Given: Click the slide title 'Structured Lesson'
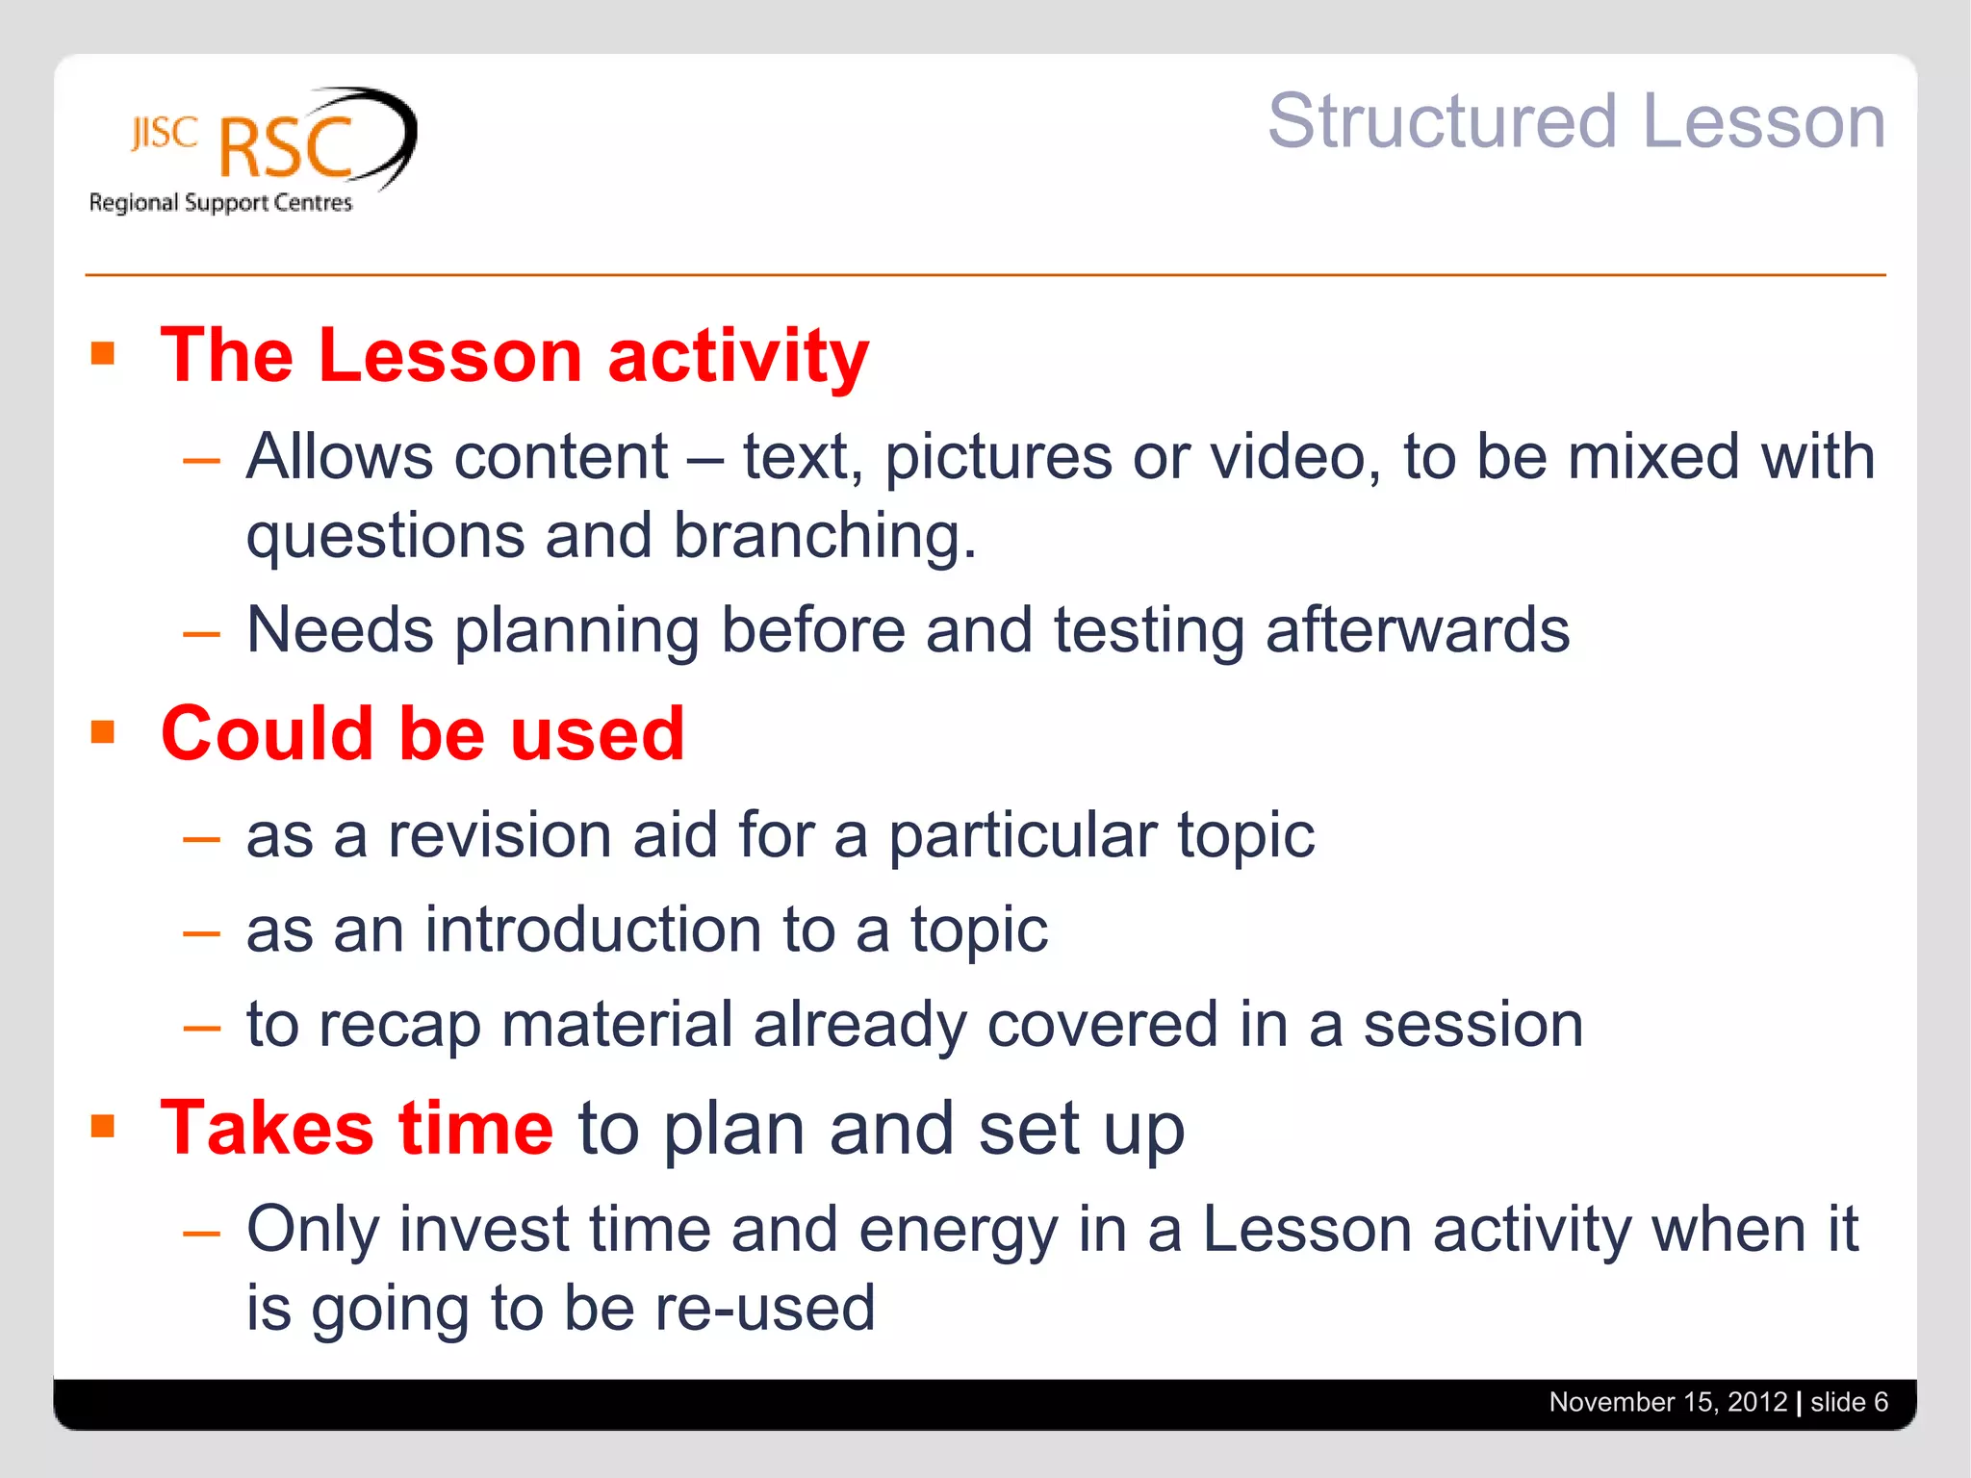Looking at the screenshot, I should click(1575, 122).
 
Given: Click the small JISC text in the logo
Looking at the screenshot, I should click(164, 133).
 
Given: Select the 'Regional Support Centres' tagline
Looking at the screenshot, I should click(220, 203).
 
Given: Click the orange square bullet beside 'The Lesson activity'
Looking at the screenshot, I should click(103, 353).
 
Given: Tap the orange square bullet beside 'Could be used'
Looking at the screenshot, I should click(103, 732).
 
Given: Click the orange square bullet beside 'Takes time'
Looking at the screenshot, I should click(103, 1126).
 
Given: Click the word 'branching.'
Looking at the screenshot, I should click(824, 535).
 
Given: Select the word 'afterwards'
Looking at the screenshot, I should click(1417, 630).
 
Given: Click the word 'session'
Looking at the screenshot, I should click(1472, 1024).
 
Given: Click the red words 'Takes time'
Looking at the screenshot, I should click(357, 1128).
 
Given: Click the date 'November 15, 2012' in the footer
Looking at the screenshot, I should click(1668, 1402).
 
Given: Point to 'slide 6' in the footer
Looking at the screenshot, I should click(1849, 1402).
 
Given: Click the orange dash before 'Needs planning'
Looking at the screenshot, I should click(201, 634).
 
